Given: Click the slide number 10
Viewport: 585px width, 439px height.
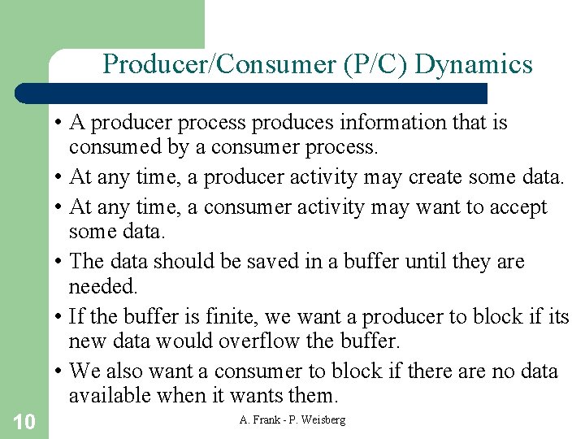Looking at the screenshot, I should (24, 421).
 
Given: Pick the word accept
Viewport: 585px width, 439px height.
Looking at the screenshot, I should (516, 207).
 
